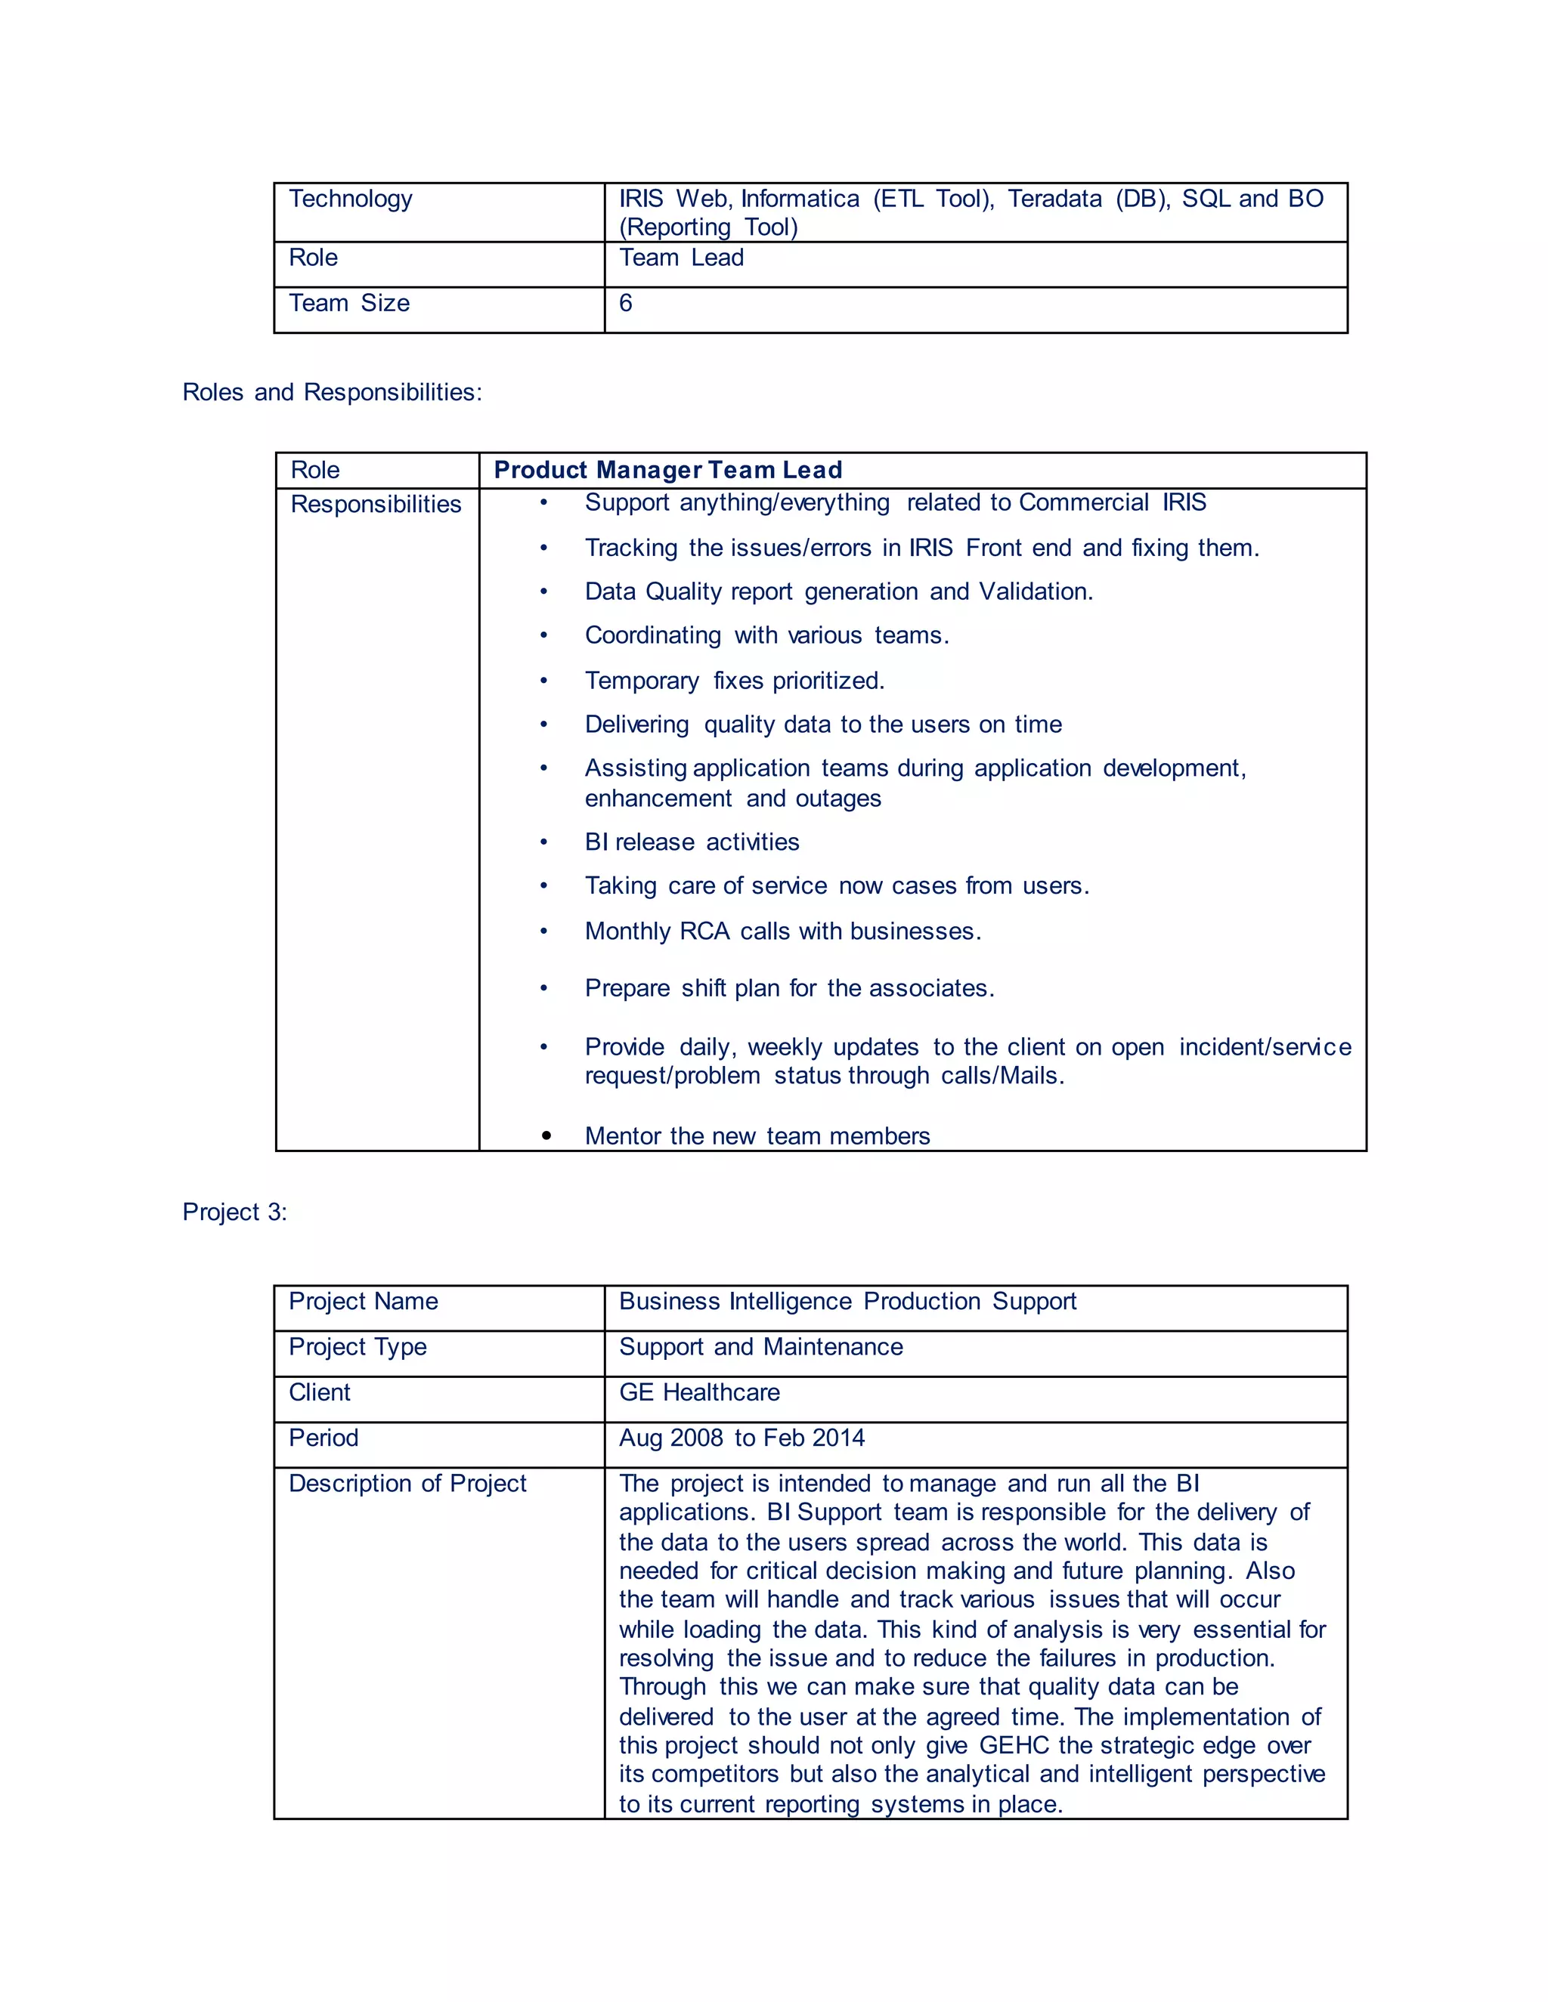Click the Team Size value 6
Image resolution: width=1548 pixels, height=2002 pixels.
click(625, 304)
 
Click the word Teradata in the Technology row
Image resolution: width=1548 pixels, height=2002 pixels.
click(1054, 199)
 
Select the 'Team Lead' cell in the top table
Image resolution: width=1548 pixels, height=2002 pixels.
click(681, 258)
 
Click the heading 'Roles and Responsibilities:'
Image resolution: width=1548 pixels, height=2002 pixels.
click(332, 392)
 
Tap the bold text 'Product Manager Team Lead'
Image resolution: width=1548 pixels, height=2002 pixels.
click(667, 470)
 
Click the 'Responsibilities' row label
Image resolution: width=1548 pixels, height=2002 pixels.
click(376, 504)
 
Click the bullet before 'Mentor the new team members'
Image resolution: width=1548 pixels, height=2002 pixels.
click(546, 1135)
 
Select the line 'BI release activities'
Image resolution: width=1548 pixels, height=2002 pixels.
click(692, 842)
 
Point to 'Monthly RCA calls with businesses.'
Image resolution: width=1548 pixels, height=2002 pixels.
click(782, 931)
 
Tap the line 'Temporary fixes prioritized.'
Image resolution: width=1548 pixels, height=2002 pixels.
click(734, 681)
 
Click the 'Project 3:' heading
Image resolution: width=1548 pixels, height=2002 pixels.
click(235, 1212)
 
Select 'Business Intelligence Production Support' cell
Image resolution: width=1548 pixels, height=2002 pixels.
click(847, 1302)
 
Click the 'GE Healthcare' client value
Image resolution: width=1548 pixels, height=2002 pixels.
click(699, 1392)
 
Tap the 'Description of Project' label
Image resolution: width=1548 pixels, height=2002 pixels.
click(407, 1483)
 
